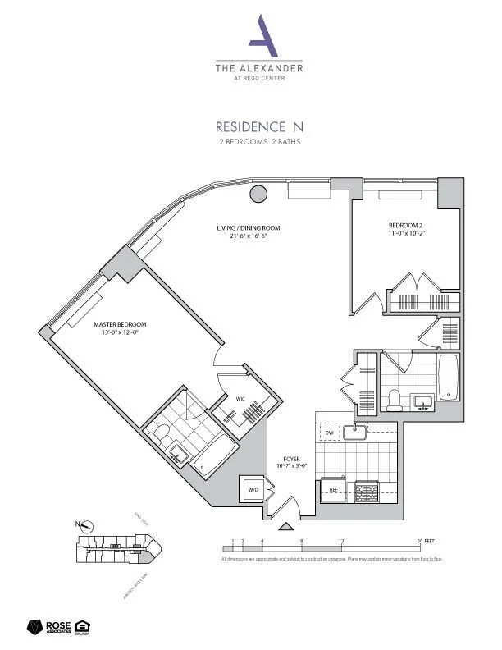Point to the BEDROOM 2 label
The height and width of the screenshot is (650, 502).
[405, 229]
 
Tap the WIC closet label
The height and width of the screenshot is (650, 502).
[241, 399]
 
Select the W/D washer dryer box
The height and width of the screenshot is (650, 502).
[251, 491]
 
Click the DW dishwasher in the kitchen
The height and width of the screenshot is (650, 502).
[329, 432]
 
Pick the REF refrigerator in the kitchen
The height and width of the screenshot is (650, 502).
[334, 489]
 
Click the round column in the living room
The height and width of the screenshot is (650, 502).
[258, 195]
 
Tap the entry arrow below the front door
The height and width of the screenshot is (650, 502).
[285, 526]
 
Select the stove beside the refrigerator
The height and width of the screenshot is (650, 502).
[366, 489]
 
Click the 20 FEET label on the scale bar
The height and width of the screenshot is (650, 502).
[425, 542]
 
